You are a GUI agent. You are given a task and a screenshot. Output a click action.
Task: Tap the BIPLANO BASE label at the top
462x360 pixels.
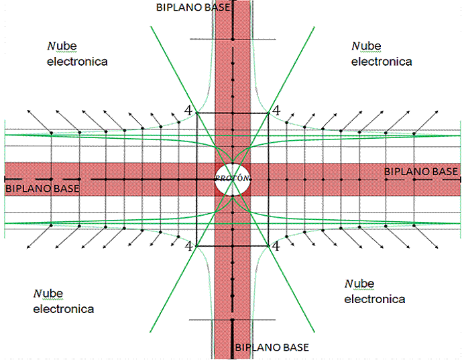193,7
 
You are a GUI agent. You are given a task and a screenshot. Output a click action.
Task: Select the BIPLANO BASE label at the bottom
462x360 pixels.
272,347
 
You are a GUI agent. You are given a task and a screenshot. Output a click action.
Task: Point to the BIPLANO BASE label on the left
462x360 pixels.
42,188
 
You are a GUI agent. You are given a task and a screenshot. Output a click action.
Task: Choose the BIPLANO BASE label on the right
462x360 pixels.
421,172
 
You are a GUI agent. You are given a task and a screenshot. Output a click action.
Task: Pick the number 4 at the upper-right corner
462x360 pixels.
276,109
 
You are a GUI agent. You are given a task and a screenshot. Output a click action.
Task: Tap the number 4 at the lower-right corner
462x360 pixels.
276,246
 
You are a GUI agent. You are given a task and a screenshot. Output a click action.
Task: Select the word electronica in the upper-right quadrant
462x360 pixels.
382,61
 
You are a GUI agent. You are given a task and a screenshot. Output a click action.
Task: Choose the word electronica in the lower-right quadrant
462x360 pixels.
375,299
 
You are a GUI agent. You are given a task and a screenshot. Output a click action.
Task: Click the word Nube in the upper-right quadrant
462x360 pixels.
365,46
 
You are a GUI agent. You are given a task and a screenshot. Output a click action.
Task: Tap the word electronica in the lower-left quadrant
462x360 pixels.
64,309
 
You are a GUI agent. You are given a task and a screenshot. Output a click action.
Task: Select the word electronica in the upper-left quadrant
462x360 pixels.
77,61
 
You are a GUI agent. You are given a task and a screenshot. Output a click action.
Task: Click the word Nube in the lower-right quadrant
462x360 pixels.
359,284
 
